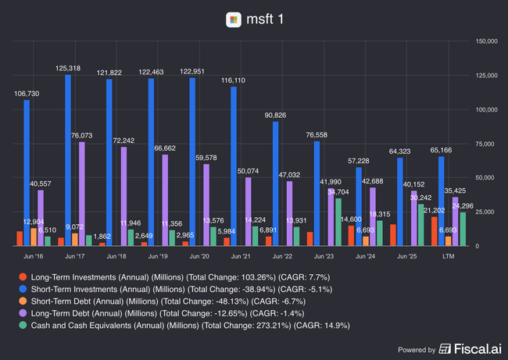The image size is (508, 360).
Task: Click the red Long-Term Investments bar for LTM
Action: [x=435, y=231]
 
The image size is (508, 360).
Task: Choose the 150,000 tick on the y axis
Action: [x=486, y=41]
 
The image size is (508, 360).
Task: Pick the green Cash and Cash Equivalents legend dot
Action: [x=23, y=325]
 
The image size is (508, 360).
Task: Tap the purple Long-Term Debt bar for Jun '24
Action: [x=372, y=217]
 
